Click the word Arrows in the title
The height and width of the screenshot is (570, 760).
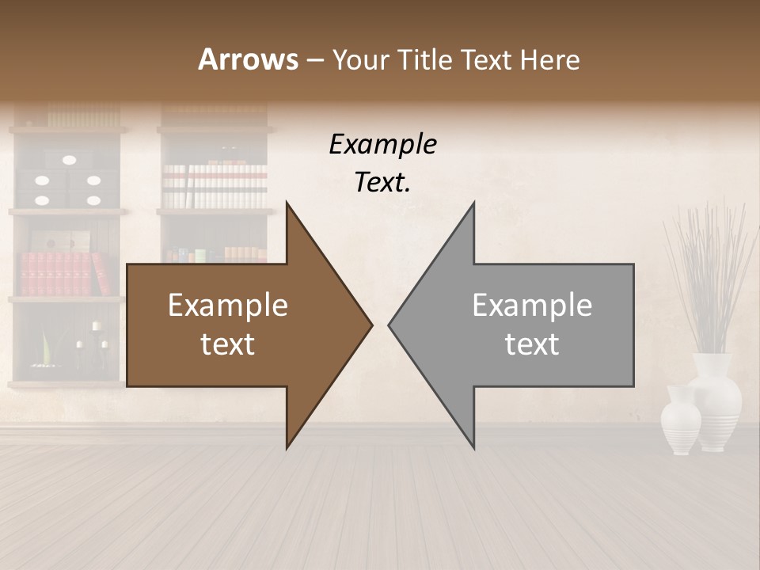click(248, 59)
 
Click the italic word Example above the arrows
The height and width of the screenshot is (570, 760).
click(382, 145)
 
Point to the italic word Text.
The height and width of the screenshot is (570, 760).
click(382, 182)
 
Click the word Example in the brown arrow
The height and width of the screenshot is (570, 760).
click(227, 306)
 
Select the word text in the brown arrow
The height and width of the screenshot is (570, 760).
click(227, 344)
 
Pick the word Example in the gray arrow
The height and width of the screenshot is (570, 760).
click(532, 306)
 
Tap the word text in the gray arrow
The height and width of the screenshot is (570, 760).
click(532, 344)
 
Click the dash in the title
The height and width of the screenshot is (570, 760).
click(314, 60)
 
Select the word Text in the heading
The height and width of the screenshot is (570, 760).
click(486, 59)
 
